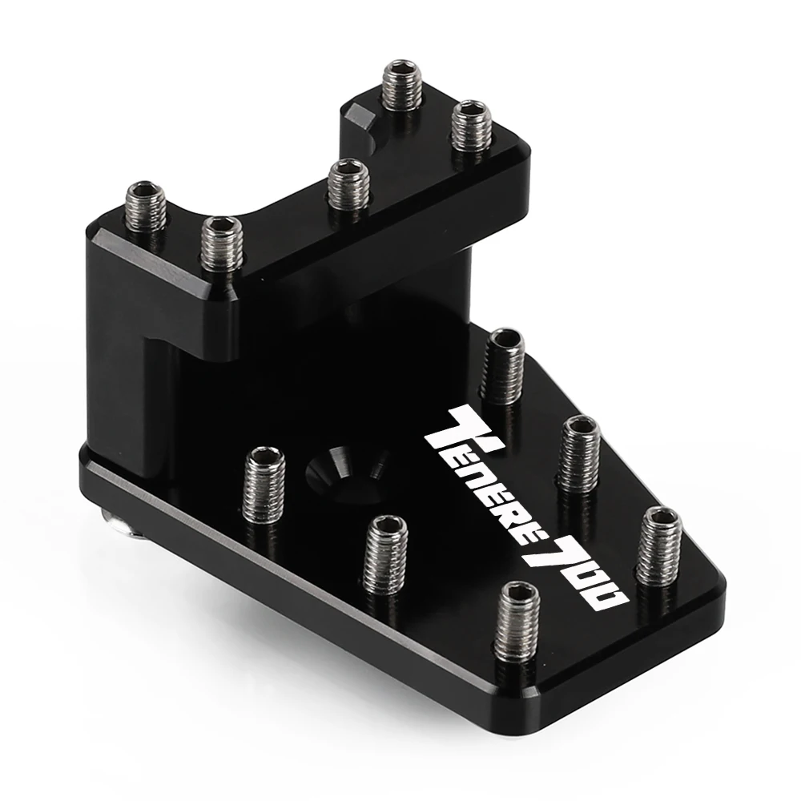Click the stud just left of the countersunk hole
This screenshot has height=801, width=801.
coord(264,483)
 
